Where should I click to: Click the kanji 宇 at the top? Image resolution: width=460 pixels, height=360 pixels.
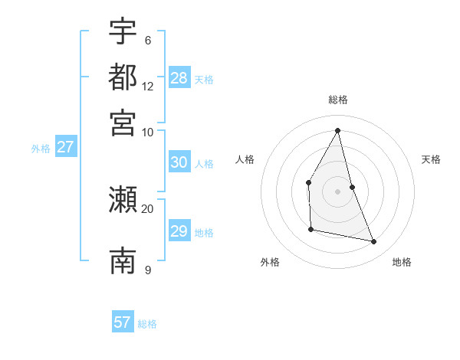click(123, 31)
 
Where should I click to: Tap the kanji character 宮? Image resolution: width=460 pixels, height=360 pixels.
click(123, 122)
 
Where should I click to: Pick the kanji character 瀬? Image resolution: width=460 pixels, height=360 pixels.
click(123, 201)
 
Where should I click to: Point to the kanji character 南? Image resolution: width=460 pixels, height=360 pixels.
click(123, 261)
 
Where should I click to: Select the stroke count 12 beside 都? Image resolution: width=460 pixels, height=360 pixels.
click(147, 87)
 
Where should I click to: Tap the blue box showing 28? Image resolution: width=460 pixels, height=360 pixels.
click(179, 77)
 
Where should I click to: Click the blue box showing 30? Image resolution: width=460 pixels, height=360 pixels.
click(179, 162)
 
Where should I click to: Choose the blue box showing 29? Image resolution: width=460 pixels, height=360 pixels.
click(179, 231)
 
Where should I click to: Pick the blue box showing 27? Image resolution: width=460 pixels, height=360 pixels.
click(65, 147)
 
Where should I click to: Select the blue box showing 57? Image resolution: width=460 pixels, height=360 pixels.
click(123, 322)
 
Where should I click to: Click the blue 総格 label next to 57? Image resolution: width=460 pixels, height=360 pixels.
click(147, 324)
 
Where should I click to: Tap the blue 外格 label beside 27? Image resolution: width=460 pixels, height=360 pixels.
click(41, 149)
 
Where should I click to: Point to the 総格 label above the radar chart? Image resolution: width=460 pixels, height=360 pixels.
click(338, 100)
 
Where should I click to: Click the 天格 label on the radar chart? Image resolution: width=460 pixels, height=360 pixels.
click(431, 159)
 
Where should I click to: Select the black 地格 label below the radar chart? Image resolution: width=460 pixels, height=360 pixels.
click(402, 262)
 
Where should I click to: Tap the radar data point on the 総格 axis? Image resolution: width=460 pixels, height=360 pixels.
click(338, 129)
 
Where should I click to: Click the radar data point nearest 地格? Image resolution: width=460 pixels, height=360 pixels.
click(374, 242)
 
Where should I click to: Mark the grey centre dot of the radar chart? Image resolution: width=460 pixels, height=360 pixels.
click(338, 191)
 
